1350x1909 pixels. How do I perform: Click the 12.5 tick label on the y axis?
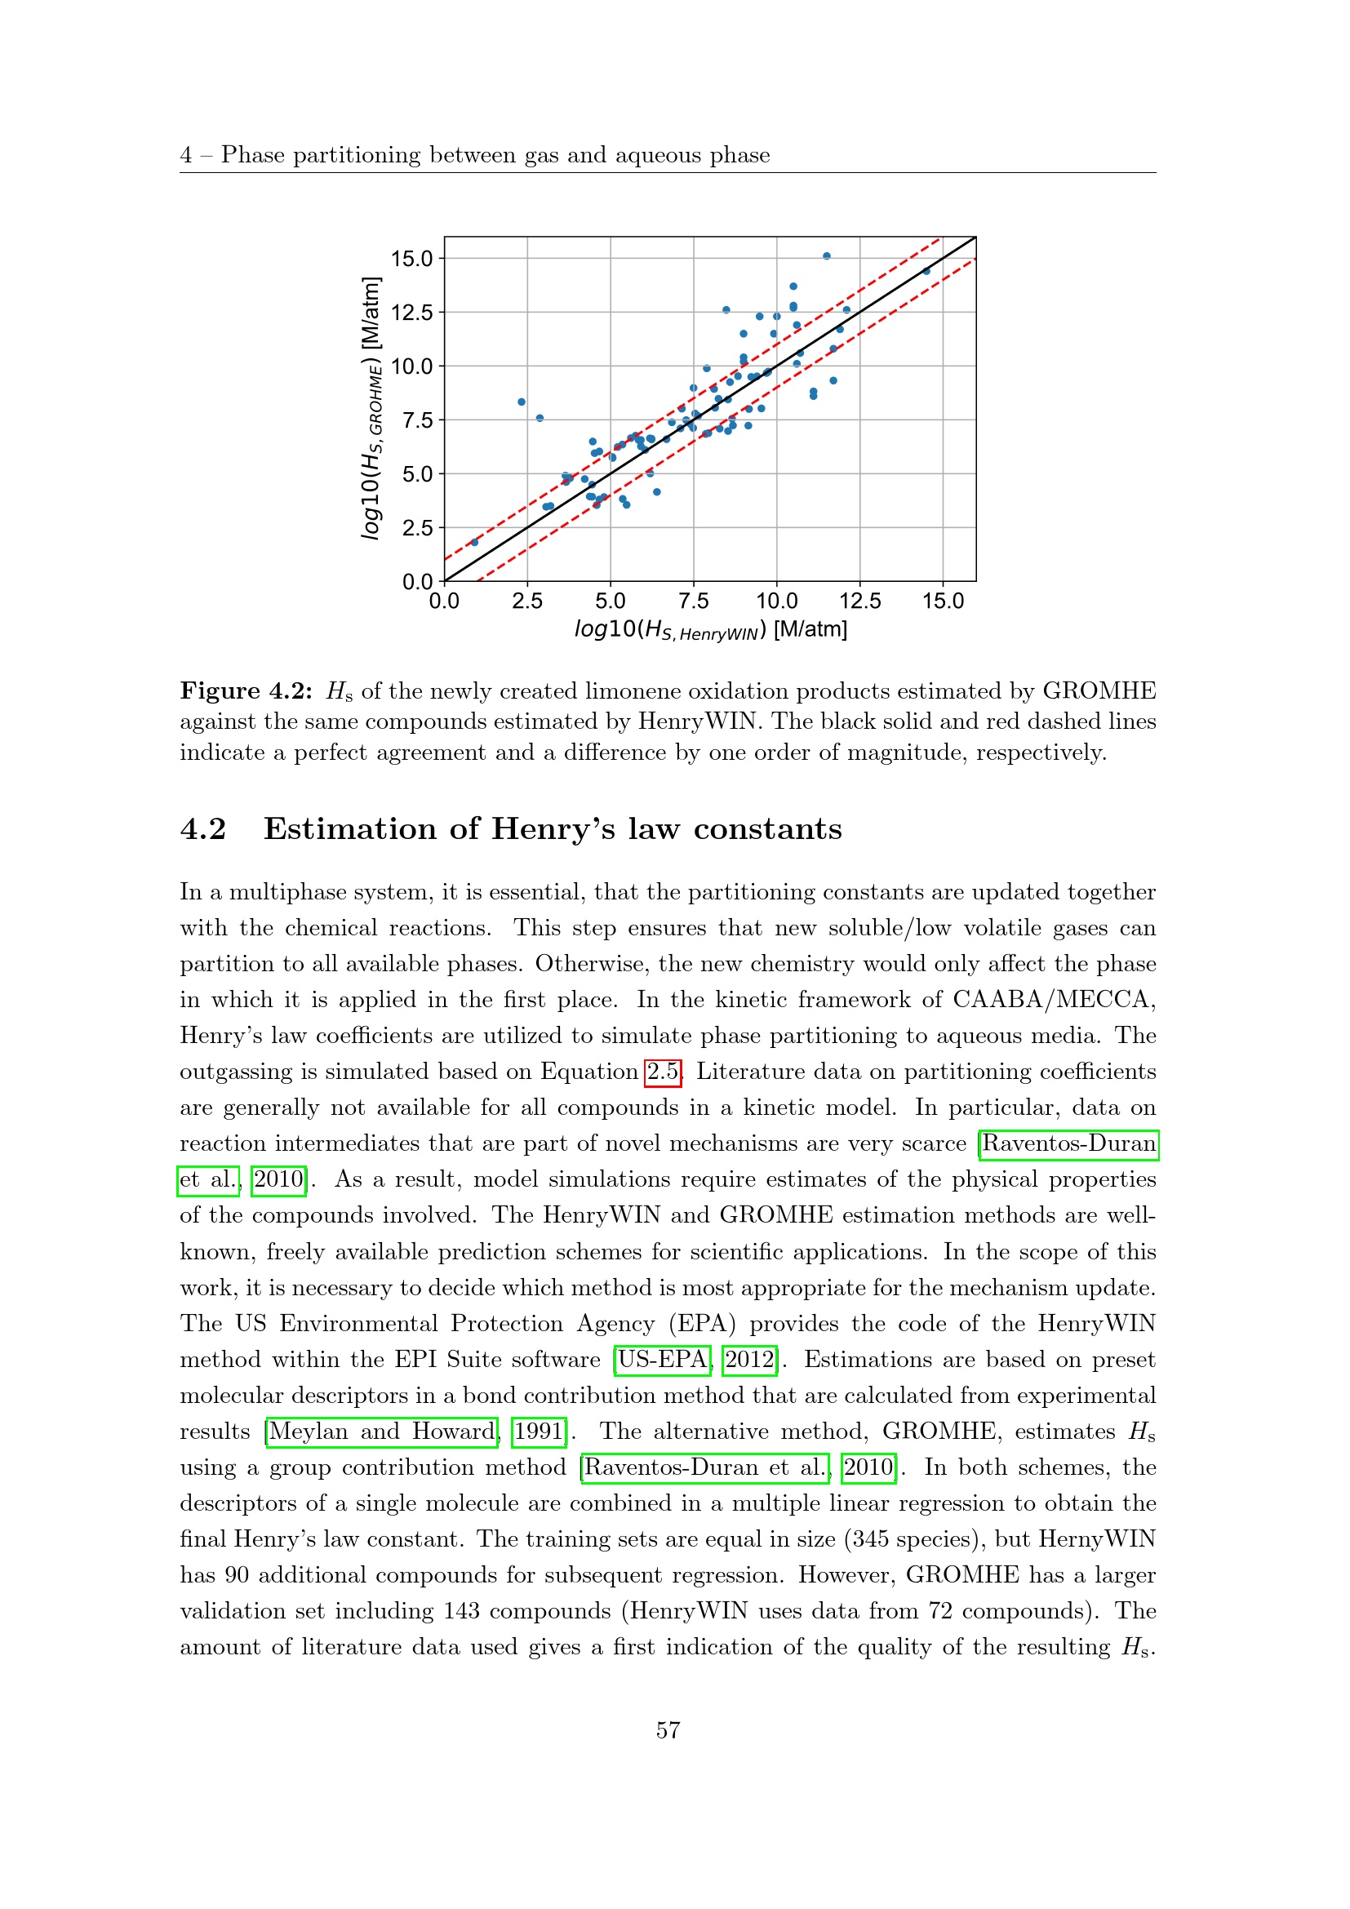tap(411, 313)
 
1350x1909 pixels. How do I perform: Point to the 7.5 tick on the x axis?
tap(693, 601)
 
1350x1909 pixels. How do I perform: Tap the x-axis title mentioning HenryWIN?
tap(711, 629)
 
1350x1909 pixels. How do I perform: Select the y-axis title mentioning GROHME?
tap(371, 408)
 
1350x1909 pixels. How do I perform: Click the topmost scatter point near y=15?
tap(826, 256)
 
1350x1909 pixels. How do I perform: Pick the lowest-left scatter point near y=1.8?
tap(475, 542)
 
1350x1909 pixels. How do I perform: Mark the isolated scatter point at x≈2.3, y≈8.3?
tap(522, 402)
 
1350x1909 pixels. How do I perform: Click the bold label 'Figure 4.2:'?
tap(246, 691)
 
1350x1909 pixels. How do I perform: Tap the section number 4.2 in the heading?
tap(203, 829)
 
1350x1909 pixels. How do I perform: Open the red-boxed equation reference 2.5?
tap(663, 1072)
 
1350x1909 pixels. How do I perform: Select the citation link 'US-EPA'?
tap(663, 1360)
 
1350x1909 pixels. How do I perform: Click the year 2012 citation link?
tap(750, 1360)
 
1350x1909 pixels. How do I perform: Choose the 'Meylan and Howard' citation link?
tap(381, 1431)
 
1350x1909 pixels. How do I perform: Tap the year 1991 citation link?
tap(539, 1431)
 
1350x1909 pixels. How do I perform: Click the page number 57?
tap(668, 1730)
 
